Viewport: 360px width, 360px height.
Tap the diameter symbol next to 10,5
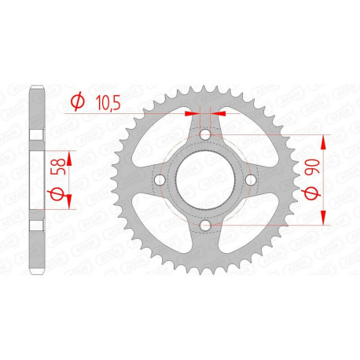click(x=77, y=101)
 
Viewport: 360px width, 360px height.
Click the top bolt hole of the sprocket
click(x=206, y=136)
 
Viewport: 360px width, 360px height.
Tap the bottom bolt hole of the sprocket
click(x=206, y=226)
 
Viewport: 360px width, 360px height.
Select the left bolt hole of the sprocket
click(x=160, y=182)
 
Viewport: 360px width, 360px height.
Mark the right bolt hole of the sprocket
click(x=251, y=182)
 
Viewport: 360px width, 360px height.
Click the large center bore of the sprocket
click(x=206, y=182)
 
